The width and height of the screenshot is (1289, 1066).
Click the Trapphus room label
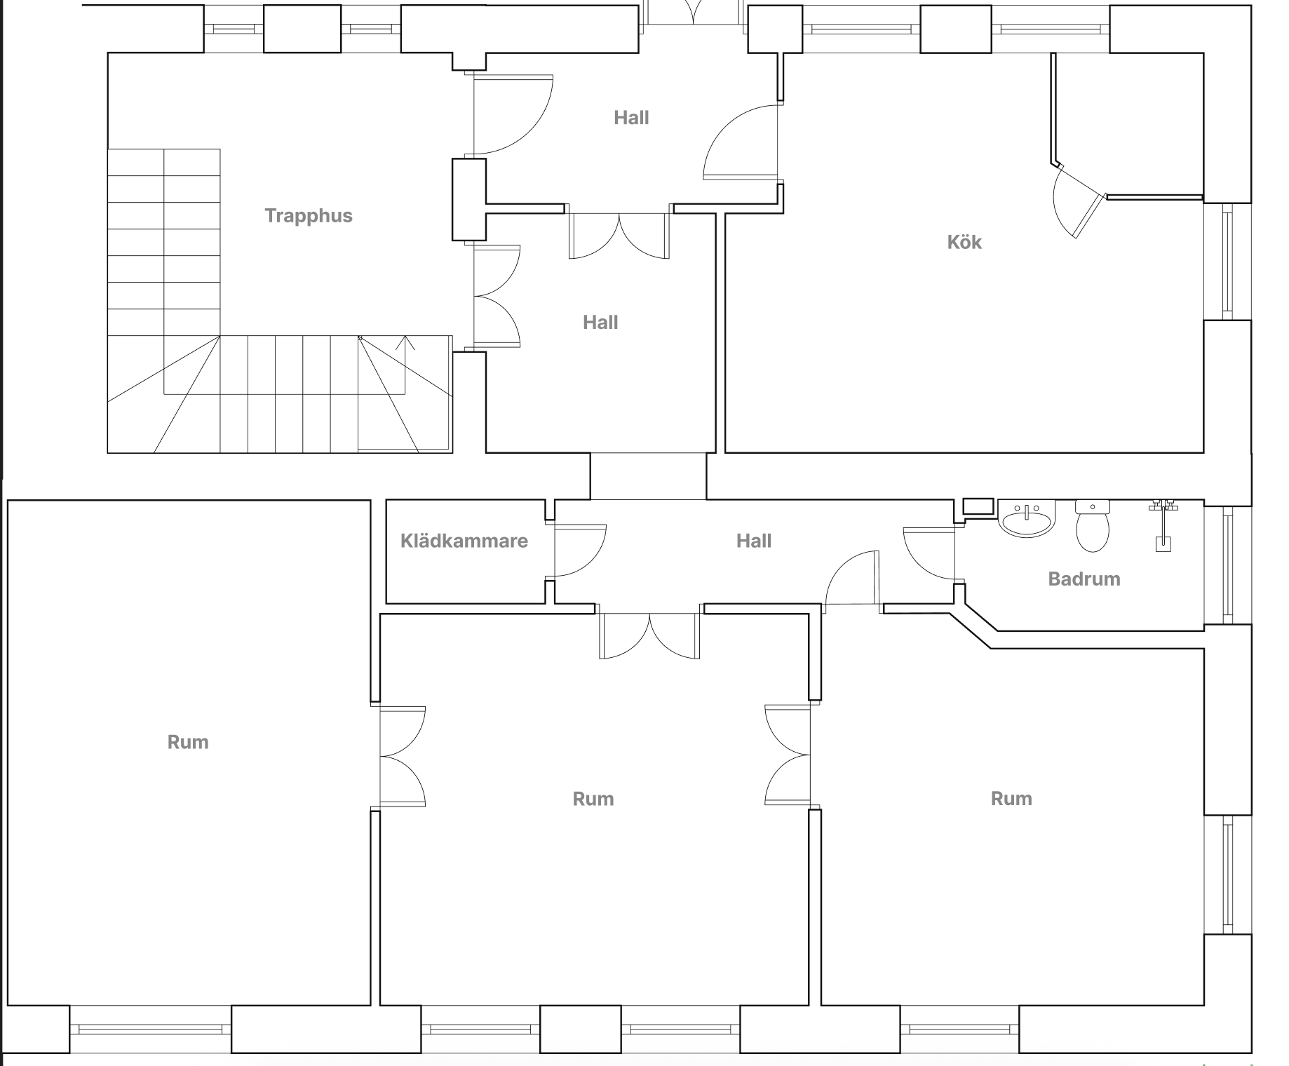tap(309, 215)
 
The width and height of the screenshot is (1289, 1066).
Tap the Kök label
tap(964, 242)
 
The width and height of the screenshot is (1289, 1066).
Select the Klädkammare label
tap(464, 541)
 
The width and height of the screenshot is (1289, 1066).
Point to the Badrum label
tap(1084, 579)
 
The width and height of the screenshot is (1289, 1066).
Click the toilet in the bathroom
tap(1092, 525)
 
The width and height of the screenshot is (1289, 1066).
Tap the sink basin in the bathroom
tap(1027, 519)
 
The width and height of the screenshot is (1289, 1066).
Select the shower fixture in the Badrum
tap(1163, 525)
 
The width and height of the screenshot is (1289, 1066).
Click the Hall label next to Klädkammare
tap(754, 541)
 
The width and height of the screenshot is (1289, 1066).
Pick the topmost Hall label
tap(631, 118)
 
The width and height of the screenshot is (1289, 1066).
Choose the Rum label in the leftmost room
tap(188, 742)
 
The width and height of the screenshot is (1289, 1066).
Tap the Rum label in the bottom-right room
tap(1011, 798)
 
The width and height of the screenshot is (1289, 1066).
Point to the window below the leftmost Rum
tap(151, 1030)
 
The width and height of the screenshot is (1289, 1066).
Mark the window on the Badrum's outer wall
tap(1227, 565)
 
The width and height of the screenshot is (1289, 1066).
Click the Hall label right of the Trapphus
tap(600, 323)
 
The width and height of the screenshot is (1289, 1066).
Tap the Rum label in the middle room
tap(593, 799)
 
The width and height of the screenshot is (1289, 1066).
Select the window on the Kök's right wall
tap(1227, 262)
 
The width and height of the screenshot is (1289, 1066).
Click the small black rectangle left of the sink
tap(978, 506)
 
